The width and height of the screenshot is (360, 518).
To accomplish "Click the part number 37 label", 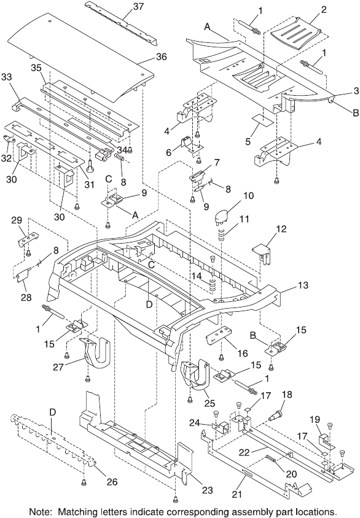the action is [138, 6].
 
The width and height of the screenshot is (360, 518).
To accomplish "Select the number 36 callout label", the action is [162, 56].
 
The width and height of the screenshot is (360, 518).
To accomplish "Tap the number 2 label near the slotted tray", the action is [324, 9].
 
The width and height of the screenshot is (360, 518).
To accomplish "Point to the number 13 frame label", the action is [303, 285].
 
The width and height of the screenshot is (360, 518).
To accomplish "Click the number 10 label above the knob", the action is [248, 195].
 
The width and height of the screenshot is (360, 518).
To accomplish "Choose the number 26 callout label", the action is [112, 482].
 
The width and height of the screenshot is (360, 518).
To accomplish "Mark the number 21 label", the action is [237, 494].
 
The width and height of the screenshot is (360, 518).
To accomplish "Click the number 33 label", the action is [7, 77].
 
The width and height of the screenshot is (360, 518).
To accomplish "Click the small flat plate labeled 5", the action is [263, 120].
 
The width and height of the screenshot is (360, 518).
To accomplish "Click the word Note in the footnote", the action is [39, 512].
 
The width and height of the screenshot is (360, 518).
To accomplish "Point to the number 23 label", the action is [207, 490].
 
